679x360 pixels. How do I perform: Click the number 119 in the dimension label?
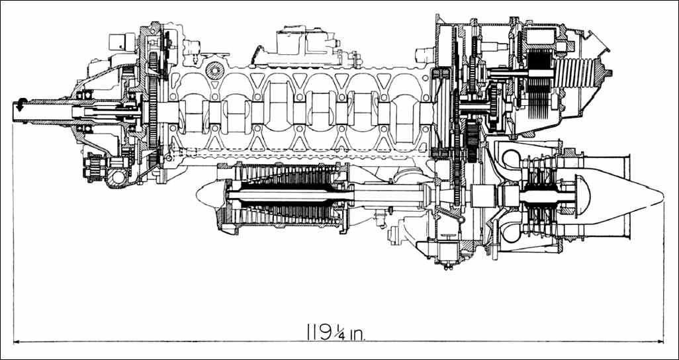320,333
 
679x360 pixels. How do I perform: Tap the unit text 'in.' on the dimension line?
357,334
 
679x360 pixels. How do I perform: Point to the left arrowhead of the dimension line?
17,342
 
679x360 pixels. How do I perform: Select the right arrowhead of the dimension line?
660,342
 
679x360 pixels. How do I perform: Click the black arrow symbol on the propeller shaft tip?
19,105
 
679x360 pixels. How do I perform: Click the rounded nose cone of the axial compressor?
208,195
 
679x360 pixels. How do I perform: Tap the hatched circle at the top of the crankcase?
215,70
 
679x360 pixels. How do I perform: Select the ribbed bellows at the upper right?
575,72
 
